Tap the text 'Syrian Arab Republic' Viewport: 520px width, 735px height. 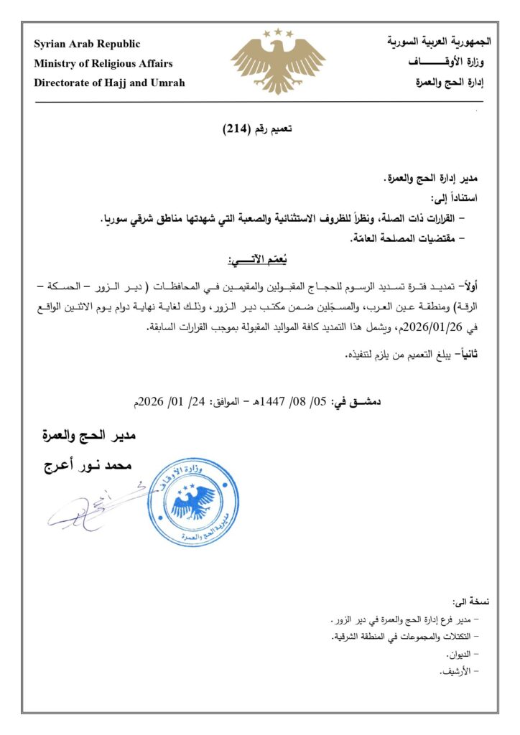(87, 45)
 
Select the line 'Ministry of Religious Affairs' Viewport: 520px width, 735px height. (103, 63)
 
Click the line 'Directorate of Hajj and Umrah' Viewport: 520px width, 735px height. (109, 83)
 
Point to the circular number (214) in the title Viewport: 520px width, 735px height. (236, 129)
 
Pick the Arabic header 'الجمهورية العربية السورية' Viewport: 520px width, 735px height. (440, 42)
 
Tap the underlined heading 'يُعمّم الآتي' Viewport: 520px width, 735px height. (259, 259)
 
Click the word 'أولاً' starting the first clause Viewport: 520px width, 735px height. (468, 286)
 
